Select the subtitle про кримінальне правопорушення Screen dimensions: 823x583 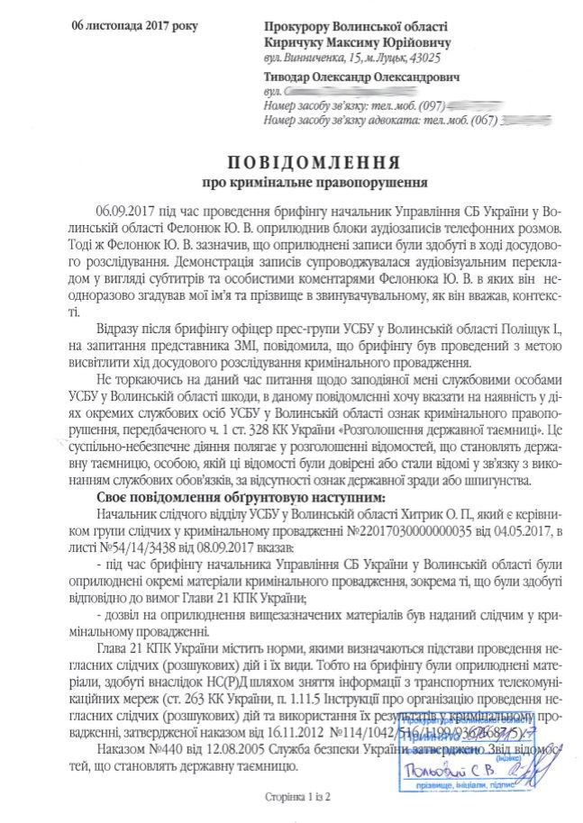point(314,186)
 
